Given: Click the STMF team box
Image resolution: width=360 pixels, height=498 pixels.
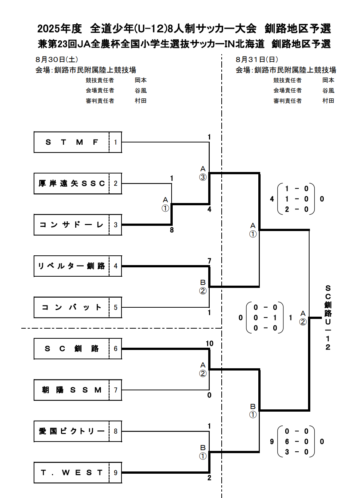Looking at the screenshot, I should click(71, 142).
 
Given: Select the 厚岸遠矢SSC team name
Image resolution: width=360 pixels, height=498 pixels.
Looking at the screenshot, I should click(71, 184).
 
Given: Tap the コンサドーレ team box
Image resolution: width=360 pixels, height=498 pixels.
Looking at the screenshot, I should click(71, 225).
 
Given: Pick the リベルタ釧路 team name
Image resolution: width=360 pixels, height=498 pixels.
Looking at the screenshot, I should click(71, 266).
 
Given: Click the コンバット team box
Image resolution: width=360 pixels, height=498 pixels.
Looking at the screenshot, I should click(71, 307).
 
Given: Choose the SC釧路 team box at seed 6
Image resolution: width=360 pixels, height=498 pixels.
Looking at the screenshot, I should click(71, 349).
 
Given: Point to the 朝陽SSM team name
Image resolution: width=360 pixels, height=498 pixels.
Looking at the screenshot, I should click(71, 390).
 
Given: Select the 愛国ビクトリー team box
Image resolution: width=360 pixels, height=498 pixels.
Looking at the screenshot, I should click(71, 431).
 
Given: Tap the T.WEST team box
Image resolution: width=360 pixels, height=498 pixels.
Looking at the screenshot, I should click(71, 473).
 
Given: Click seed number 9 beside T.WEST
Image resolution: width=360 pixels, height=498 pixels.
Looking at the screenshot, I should click(116, 473).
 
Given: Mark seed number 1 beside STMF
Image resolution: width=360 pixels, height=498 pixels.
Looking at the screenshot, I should click(116, 142).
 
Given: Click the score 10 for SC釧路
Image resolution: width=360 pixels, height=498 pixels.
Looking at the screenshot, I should click(209, 343).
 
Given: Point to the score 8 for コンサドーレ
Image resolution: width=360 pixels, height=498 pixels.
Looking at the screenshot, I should click(172, 230).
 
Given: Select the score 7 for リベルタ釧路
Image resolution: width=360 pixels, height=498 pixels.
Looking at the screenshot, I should click(209, 261).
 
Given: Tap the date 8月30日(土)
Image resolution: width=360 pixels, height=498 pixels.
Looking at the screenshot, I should click(57, 59).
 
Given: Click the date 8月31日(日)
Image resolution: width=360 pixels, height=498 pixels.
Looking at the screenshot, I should click(257, 59).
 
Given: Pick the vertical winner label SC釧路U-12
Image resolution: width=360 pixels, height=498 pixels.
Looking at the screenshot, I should click(328, 317).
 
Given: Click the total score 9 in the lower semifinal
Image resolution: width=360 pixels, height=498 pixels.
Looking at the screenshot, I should click(272, 442).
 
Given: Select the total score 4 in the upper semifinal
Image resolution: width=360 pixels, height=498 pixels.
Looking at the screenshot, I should click(272, 199).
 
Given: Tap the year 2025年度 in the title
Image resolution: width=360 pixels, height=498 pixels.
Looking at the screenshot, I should click(59, 28).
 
